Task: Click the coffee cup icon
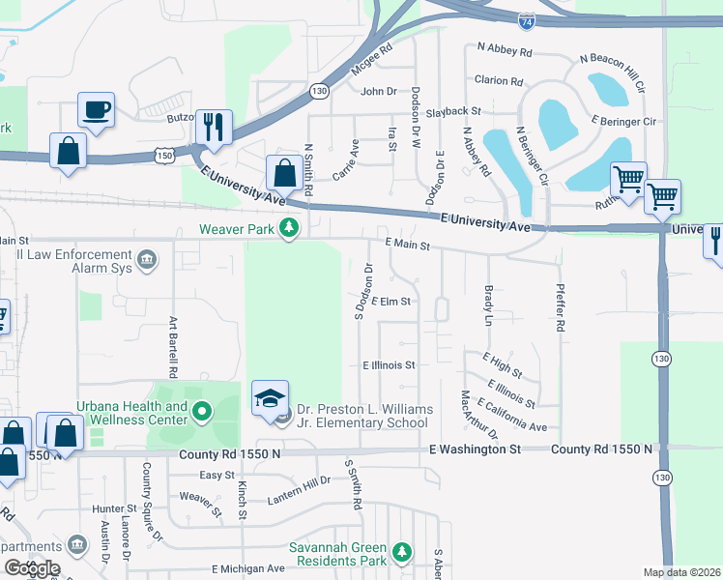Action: click(96, 109)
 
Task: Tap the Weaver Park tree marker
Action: click(288, 229)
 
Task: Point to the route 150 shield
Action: click(166, 155)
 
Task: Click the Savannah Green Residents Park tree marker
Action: click(402, 553)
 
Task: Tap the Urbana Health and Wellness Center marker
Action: click(202, 414)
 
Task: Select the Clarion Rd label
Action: click(499, 81)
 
